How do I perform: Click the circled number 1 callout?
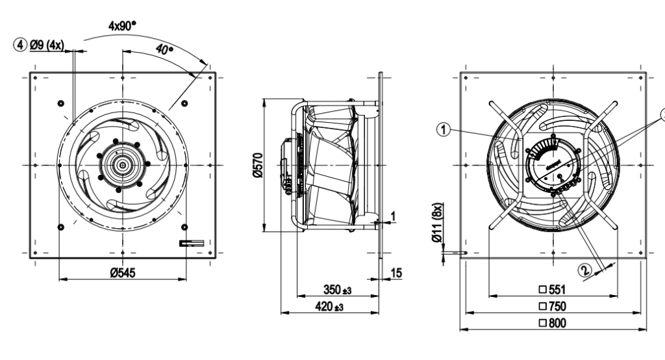(x=444, y=130)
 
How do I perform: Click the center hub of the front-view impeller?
(x=121, y=164)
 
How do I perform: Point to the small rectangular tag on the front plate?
(x=192, y=243)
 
